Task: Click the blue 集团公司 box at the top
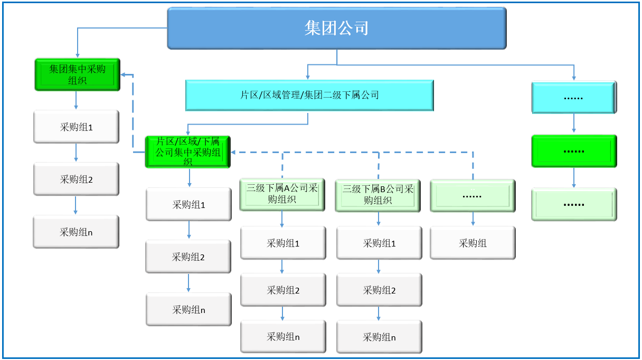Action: point(337,28)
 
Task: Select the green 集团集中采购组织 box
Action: point(78,74)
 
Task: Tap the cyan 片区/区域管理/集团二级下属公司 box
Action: point(309,95)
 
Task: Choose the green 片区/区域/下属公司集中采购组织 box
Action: point(188,151)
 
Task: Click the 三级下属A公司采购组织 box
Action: point(282,195)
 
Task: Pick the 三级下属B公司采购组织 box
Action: point(377,195)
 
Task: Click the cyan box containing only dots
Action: point(574,98)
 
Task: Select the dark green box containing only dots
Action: point(574,151)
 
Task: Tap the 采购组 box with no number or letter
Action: point(473,243)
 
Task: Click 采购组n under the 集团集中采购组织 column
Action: point(76,232)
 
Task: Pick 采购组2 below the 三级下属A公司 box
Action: point(283,290)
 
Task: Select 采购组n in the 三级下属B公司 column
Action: point(379,337)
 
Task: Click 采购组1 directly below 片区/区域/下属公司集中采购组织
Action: point(188,204)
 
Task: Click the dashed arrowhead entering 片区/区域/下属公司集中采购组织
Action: point(233,152)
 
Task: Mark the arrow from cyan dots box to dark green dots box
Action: point(574,123)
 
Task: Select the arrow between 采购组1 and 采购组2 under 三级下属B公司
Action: point(379,266)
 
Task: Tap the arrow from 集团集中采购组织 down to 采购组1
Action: point(76,100)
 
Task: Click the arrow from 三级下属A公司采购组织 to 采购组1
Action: point(282,219)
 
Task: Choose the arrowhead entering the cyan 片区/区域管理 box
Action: point(307,77)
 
